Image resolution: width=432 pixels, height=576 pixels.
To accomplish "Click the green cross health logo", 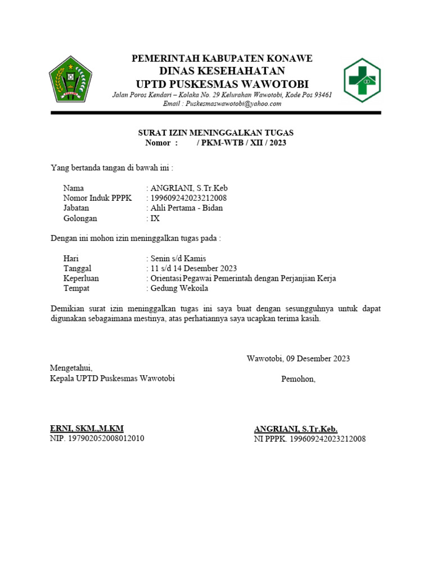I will tap(362, 80).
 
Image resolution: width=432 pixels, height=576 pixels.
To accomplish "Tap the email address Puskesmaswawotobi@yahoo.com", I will tap(222, 103).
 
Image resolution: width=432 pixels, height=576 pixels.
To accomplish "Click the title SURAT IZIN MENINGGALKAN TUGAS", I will tap(216, 133).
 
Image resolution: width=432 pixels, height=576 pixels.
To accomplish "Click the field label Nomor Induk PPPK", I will tap(97, 198).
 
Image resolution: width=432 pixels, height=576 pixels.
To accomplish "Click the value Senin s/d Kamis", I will tap(177, 258).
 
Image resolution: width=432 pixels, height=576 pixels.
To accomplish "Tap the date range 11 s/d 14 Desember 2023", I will tap(193, 268).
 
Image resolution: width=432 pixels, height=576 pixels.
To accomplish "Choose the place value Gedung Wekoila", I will tap(179, 289).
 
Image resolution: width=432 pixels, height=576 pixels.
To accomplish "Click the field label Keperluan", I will tap(82, 278).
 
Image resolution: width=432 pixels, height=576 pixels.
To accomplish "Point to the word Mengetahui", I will tap(71, 368).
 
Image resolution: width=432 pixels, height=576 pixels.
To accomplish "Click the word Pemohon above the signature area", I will tap(298, 379).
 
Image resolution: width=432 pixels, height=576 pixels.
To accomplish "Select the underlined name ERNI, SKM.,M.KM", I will tap(87, 429).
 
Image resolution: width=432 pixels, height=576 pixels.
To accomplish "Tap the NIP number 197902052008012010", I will tap(106, 438).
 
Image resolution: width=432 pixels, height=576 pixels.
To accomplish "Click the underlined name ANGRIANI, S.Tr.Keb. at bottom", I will tap(296, 429).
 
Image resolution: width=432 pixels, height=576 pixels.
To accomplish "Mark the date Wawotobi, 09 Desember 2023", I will tap(298, 358).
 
